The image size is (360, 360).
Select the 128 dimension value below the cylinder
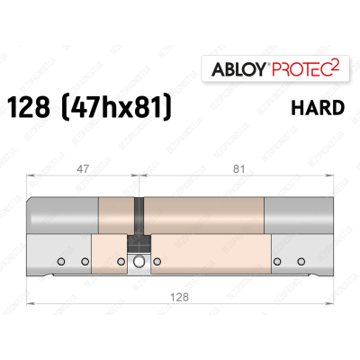[184, 292]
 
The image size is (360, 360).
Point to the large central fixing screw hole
[139, 263]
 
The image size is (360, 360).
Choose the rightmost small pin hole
[299, 262]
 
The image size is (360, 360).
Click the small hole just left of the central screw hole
[123, 262]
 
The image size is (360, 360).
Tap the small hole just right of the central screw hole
[157, 262]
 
